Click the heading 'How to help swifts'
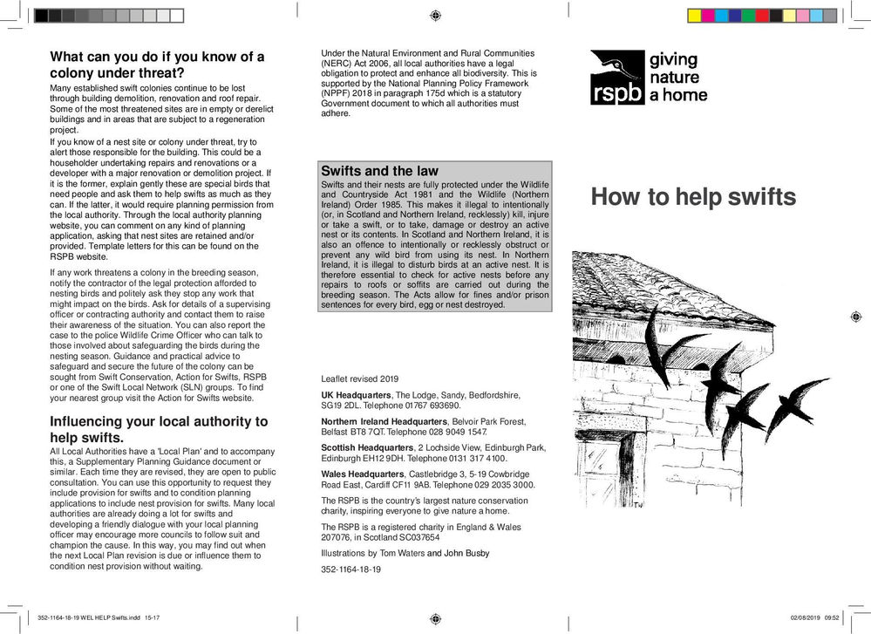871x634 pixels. click(693, 197)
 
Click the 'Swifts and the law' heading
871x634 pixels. click(379, 171)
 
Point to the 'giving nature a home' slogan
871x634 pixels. click(678, 77)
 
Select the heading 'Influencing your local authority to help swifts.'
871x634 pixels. click(159, 429)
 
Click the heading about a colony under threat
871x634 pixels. click(157, 65)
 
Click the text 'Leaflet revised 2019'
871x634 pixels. click(359, 379)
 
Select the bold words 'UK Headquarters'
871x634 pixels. click(357, 395)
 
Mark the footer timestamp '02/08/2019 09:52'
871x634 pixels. click(814, 617)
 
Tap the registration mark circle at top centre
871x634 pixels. click(435, 16)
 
